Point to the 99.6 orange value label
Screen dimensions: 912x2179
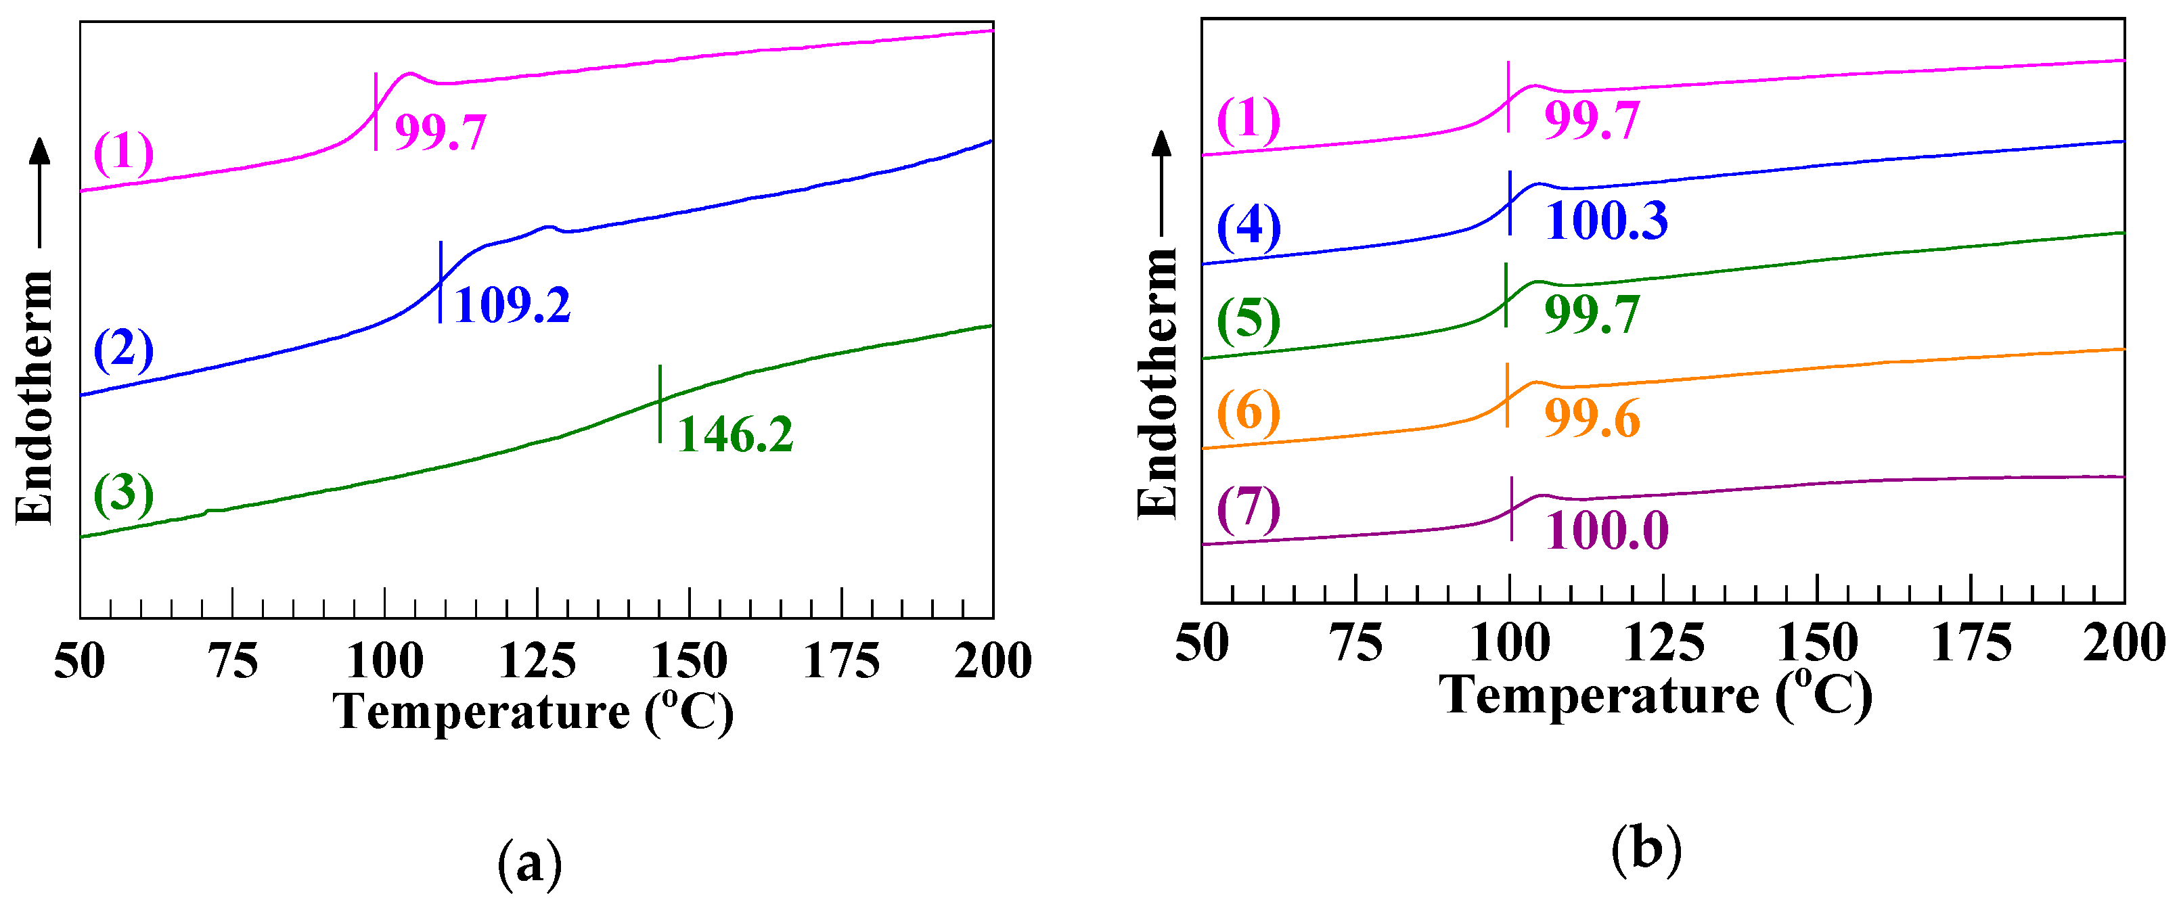pos(1592,418)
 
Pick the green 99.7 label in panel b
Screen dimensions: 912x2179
pos(1592,314)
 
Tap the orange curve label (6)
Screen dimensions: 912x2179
pos(1249,413)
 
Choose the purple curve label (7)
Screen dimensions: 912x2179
pos(1249,509)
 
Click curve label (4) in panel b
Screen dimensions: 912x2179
pos(1249,227)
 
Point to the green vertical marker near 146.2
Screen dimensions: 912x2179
pos(660,403)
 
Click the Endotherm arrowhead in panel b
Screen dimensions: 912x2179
pos(1163,144)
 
